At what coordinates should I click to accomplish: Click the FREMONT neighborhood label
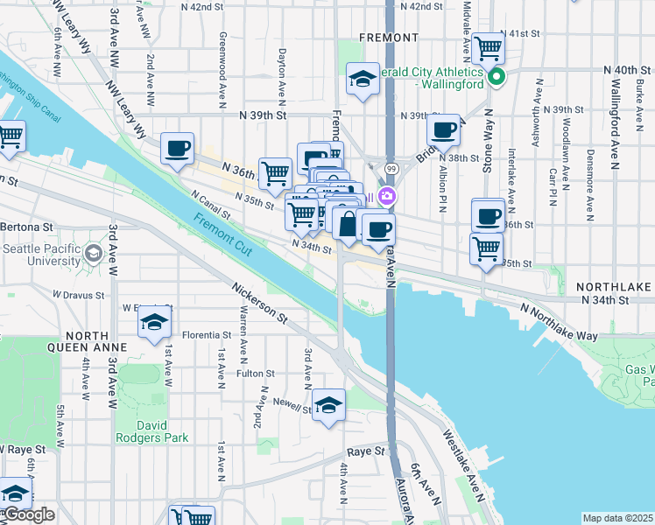[x=389, y=38]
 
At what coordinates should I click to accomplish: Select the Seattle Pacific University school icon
[x=93, y=255]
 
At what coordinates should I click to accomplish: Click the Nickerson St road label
[x=260, y=302]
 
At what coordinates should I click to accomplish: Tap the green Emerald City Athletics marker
[x=497, y=77]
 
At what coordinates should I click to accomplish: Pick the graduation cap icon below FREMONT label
[x=363, y=80]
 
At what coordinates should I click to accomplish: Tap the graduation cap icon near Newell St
[x=328, y=404]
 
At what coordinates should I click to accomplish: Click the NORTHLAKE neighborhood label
[x=614, y=287]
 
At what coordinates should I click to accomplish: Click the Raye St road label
[x=366, y=451]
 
